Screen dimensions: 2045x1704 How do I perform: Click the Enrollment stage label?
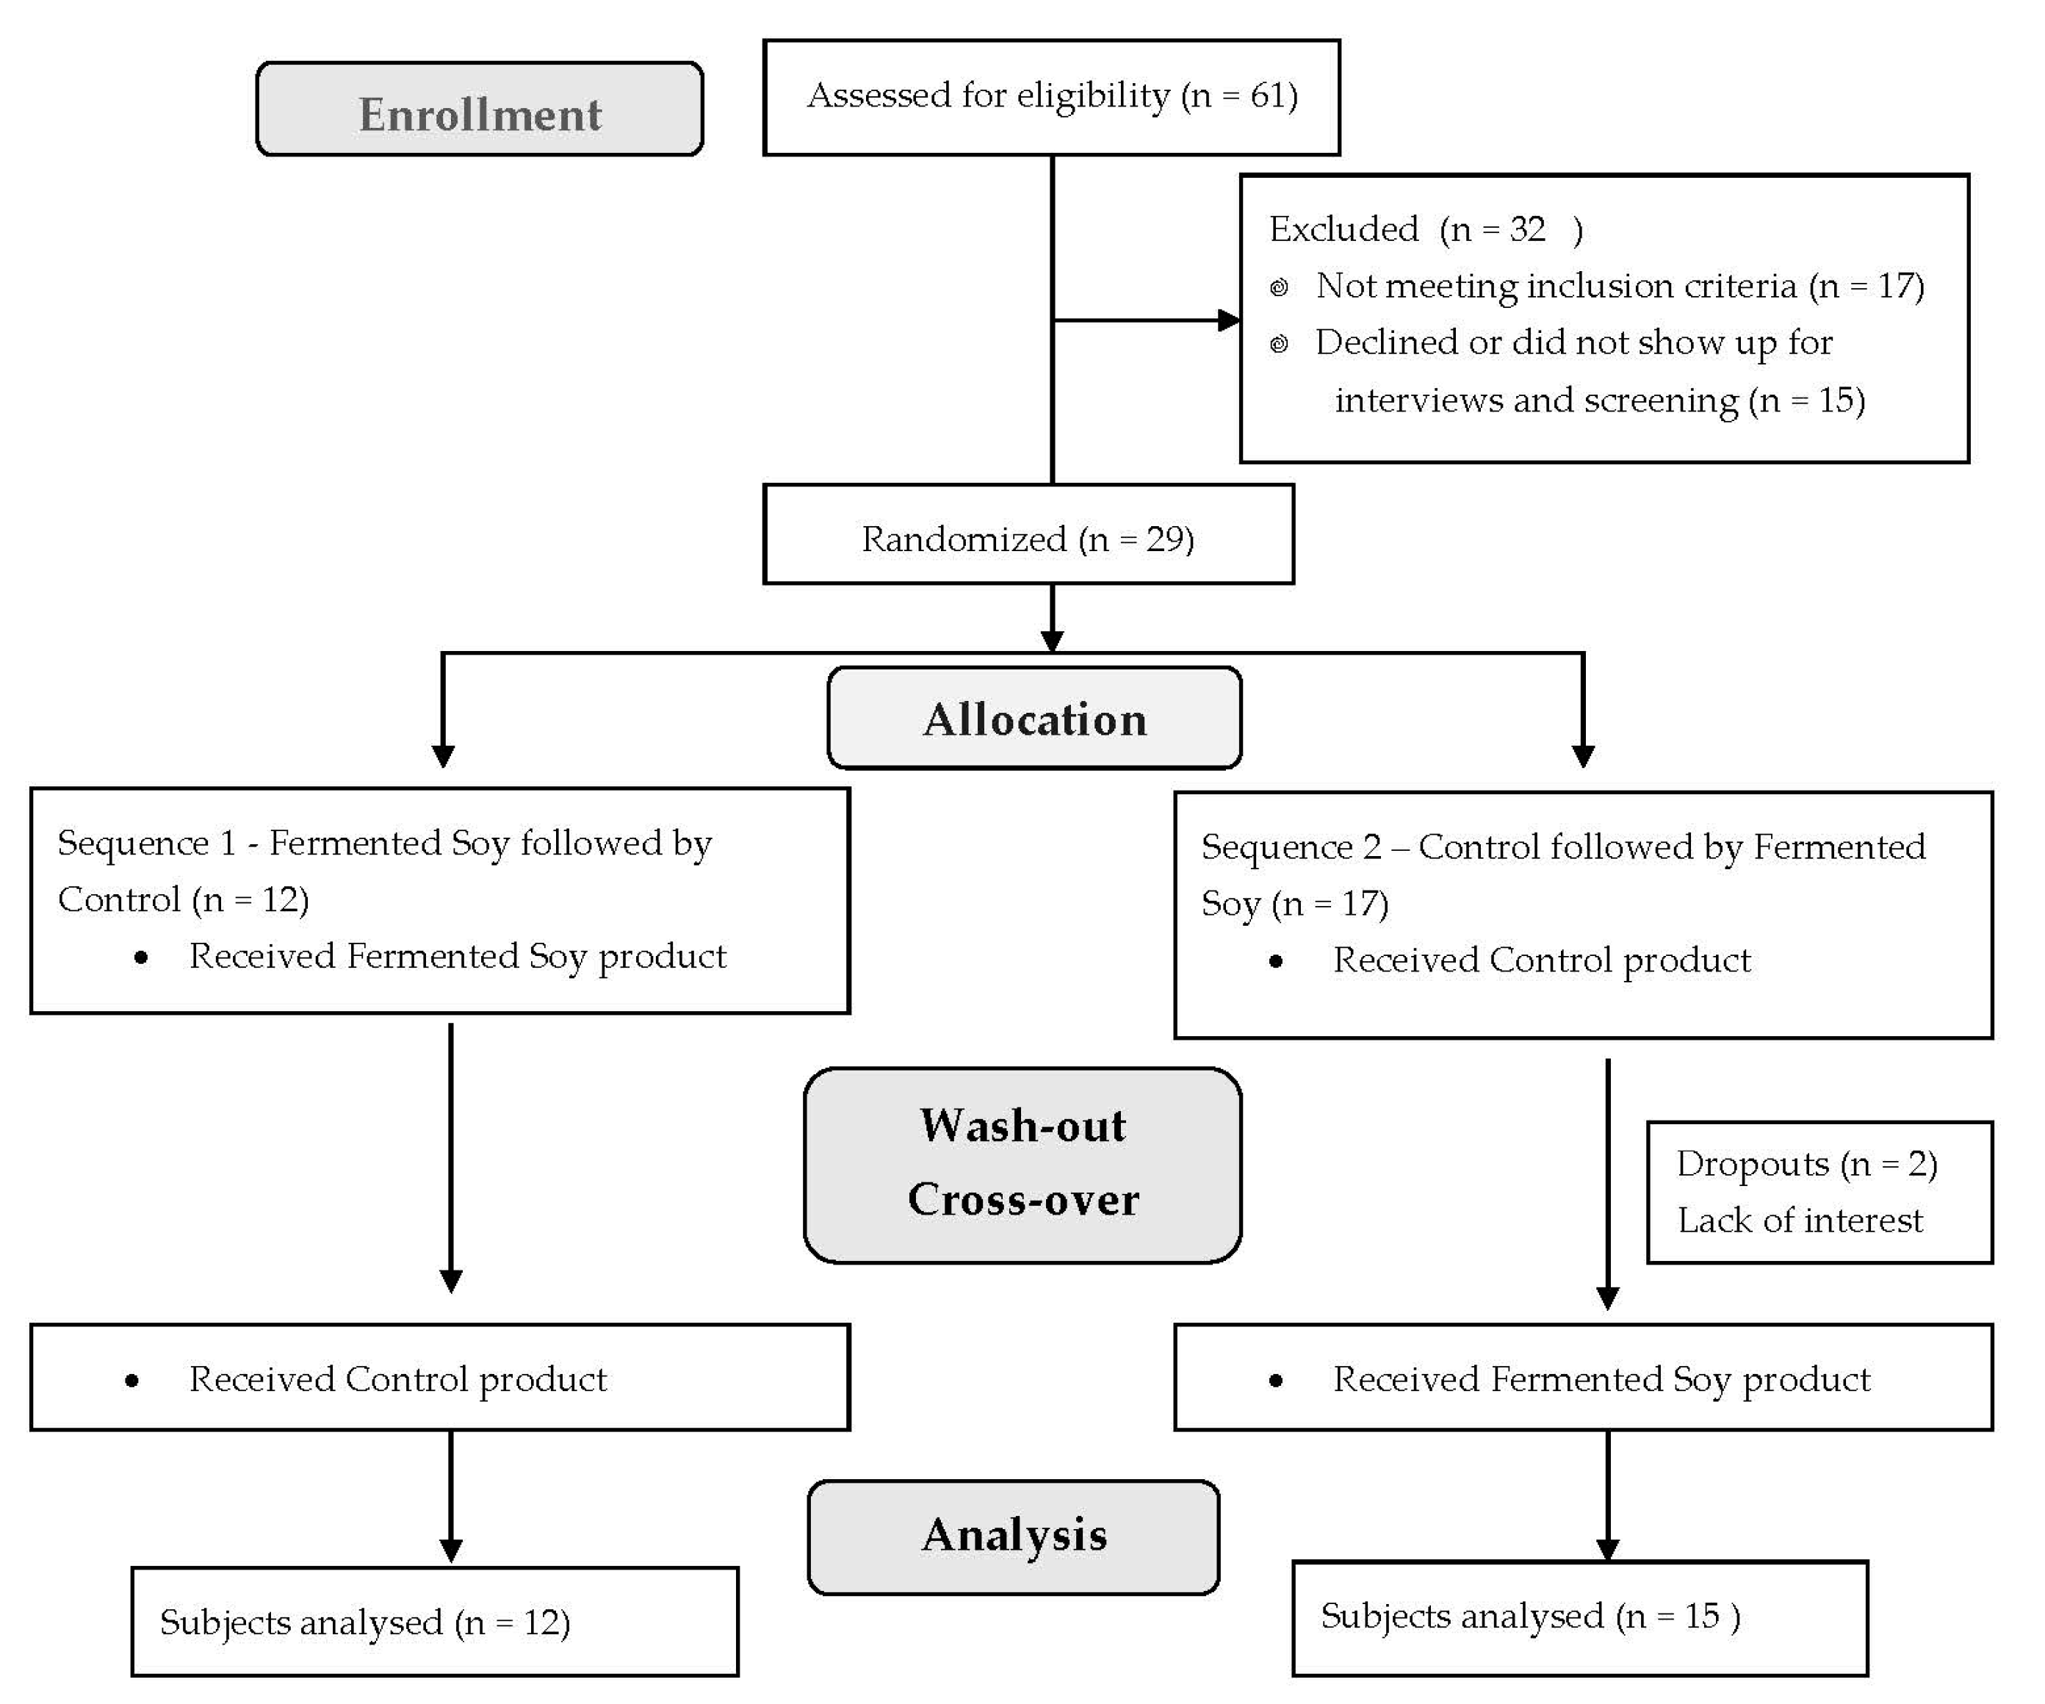coord(480,109)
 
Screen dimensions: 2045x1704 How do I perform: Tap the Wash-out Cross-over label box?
coord(1022,1165)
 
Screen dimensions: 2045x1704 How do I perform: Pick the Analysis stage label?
coord(1014,1537)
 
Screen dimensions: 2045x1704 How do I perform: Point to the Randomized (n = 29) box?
coord(1028,534)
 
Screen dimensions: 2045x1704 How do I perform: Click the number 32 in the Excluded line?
coord(1527,229)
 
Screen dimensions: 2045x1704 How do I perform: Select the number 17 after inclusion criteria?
coord(1895,285)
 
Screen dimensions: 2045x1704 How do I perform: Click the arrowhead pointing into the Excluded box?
coord(1229,320)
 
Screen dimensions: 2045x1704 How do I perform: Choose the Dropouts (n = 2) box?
coord(1820,1193)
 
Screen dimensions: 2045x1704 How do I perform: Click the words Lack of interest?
coord(1800,1220)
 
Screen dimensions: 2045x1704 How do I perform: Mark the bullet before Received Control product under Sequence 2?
coord(1276,963)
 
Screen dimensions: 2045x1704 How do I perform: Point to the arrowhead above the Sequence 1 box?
coord(443,756)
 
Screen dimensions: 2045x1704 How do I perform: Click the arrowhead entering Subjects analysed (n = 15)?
coord(1608,1549)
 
